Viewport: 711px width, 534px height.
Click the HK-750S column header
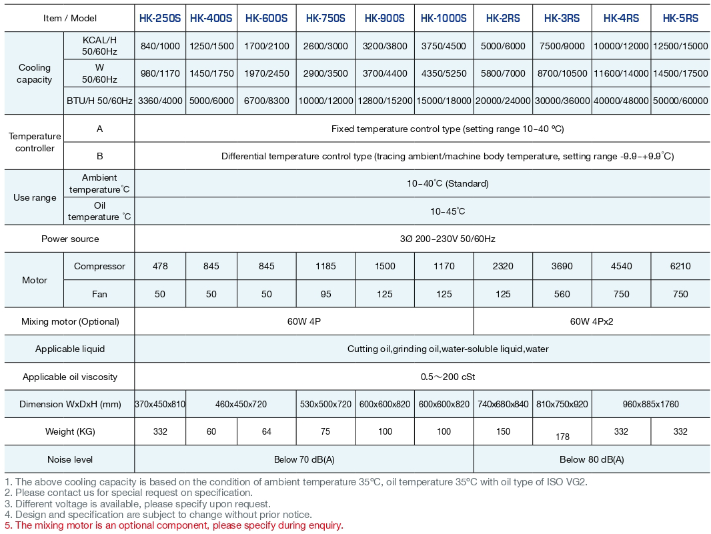pyautogui.click(x=325, y=19)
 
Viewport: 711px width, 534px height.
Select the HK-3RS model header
pyautogui.click(x=562, y=19)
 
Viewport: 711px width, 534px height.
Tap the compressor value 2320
pyautogui.click(x=503, y=266)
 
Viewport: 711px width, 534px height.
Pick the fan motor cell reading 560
pyautogui.click(x=562, y=294)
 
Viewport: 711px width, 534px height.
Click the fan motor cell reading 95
pyautogui.click(x=325, y=294)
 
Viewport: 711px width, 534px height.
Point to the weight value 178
pyautogui.click(x=562, y=437)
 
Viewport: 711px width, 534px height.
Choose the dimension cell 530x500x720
pyautogui.click(x=325, y=404)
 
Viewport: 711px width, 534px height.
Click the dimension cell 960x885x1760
pyautogui.click(x=650, y=404)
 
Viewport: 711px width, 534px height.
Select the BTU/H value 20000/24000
pyautogui.click(x=503, y=101)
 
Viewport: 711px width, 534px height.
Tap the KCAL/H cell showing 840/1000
pyautogui.click(x=160, y=46)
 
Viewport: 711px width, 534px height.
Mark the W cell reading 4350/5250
pyautogui.click(x=444, y=73)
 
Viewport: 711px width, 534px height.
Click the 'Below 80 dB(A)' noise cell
pyautogui.click(x=592, y=459)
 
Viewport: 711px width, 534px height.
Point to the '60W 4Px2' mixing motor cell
pyautogui.click(x=592, y=321)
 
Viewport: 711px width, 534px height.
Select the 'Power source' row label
pyautogui.click(x=70, y=239)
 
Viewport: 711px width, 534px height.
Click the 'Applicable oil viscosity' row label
pyautogui.click(x=70, y=377)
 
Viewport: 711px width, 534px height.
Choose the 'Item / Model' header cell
pyautogui.click(x=70, y=19)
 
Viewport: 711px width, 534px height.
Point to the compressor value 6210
pyautogui.click(x=680, y=266)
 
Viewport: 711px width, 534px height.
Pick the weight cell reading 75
pyautogui.click(x=325, y=431)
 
